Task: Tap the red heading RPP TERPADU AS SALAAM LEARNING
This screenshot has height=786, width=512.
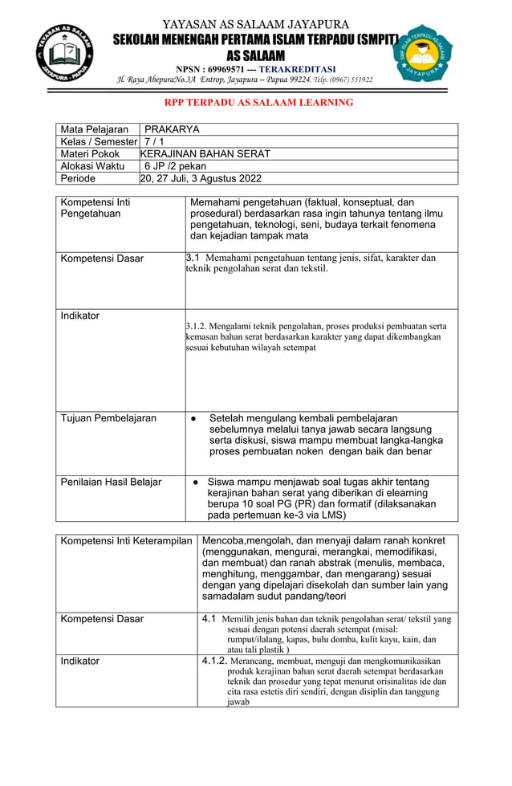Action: (258, 103)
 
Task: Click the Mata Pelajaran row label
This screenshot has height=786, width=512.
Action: (95, 129)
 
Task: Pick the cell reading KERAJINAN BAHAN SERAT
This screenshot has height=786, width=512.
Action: (205, 153)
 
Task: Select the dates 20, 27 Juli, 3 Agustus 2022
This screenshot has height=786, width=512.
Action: (201, 178)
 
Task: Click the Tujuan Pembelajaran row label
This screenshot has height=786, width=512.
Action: (108, 418)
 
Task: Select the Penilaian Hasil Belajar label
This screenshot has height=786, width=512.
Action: (112, 482)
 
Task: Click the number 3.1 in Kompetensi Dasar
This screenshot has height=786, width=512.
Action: (193, 258)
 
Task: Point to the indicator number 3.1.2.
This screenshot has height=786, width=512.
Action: (197, 327)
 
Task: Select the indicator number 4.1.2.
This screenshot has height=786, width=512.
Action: (214, 660)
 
